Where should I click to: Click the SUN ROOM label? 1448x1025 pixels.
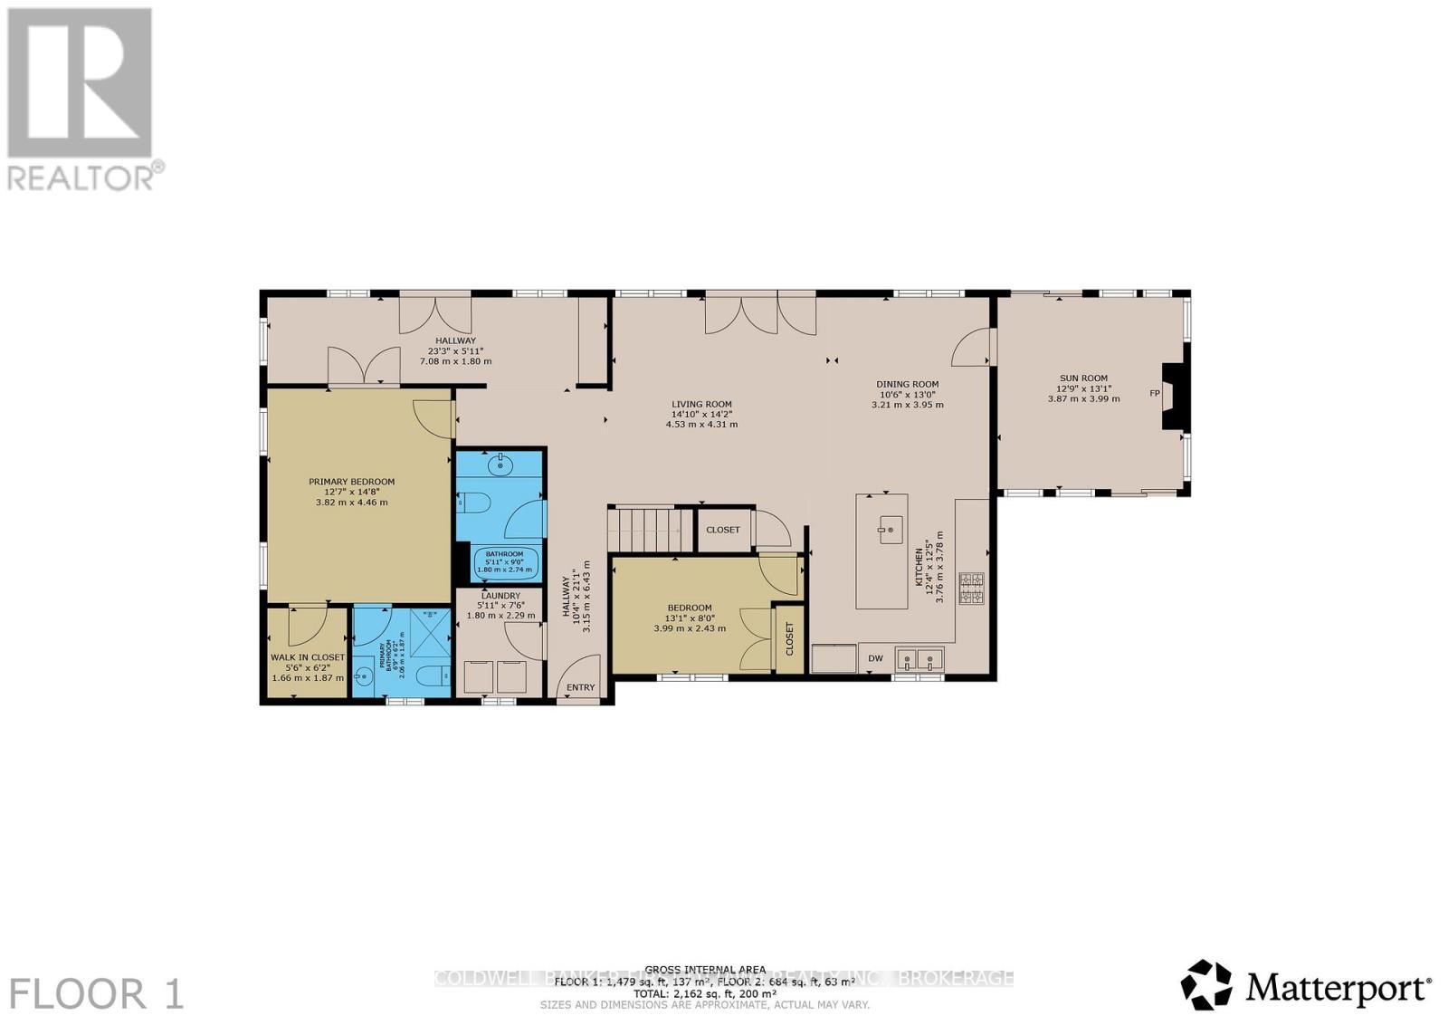click(1083, 378)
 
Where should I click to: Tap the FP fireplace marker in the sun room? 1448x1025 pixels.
click(1154, 393)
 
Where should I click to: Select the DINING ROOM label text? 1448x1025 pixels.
click(907, 384)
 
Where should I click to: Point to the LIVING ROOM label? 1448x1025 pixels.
click(701, 405)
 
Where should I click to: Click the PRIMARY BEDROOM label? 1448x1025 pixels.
click(351, 482)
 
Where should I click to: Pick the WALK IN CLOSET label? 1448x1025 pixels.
click(308, 657)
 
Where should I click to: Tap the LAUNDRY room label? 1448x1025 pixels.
click(500, 595)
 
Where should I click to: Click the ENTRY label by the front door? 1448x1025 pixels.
click(580, 687)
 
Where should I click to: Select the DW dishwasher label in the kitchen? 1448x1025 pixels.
click(875, 658)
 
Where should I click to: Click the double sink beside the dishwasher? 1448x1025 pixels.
click(919, 658)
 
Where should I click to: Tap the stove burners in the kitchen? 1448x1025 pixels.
click(971, 589)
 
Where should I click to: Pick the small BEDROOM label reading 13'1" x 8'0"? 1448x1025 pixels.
click(690, 608)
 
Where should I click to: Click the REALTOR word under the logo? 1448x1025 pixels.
click(81, 178)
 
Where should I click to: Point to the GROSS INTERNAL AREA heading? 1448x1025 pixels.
click(705, 970)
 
